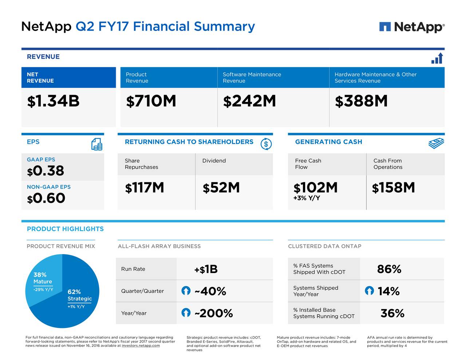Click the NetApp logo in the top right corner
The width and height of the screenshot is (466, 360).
[x=412, y=27]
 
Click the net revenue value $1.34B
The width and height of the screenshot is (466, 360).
[x=53, y=101]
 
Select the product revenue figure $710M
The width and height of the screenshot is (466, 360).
[x=151, y=101]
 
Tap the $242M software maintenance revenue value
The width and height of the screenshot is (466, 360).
[x=249, y=101]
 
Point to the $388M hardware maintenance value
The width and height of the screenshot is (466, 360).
[x=361, y=101]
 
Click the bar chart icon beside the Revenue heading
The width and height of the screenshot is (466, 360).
[x=437, y=58]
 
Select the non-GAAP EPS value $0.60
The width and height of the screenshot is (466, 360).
[x=46, y=198]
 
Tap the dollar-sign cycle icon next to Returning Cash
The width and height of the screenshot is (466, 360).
[x=266, y=144]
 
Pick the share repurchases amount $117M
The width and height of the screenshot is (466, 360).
[x=145, y=188]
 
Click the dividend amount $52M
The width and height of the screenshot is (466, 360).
[x=221, y=188]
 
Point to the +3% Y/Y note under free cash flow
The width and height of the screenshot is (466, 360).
[x=307, y=198]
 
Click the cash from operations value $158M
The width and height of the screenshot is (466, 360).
[x=393, y=188]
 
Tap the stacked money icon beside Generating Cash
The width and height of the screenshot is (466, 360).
[x=436, y=143]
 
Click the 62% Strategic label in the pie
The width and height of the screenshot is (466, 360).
[x=79, y=295]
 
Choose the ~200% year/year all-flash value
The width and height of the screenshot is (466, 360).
[x=213, y=313]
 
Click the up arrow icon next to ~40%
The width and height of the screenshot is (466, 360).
[x=186, y=291]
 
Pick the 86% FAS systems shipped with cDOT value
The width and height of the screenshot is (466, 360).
[x=389, y=269]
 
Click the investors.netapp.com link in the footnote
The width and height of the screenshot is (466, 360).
[x=141, y=346]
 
